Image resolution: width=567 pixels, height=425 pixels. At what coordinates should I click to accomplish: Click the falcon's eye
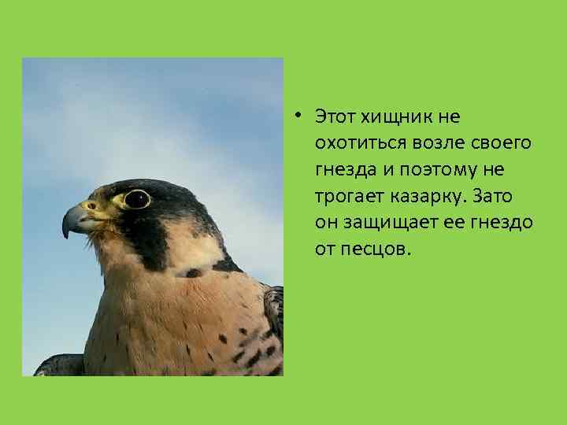point(136,198)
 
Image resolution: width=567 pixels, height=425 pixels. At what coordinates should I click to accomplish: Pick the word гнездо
point(502,223)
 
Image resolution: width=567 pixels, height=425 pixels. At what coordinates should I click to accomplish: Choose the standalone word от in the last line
point(326,249)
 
